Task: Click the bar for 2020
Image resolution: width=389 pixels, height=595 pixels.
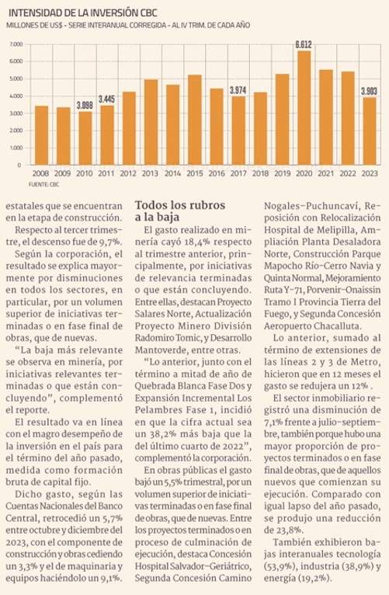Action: (x=304, y=108)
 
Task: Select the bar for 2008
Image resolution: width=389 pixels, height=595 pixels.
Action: (x=41, y=135)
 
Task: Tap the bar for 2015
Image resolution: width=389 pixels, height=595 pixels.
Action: (x=195, y=120)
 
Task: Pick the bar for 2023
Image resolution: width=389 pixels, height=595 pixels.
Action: (x=370, y=131)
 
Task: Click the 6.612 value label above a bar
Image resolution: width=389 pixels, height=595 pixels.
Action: (x=304, y=45)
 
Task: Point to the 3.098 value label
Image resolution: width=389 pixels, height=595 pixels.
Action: (x=85, y=105)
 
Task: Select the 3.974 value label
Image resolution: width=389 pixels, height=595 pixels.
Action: (x=238, y=90)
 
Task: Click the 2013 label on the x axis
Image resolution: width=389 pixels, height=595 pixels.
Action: (x=150, y=173)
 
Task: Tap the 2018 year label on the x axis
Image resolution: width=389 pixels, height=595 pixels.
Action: (x=260, y=173)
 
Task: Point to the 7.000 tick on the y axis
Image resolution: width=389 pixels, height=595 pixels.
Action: (x=16, y=44)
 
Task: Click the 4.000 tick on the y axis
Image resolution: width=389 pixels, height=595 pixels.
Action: (x=16, y=96)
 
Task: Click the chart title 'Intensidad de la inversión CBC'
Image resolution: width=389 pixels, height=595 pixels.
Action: (x=82, y=13)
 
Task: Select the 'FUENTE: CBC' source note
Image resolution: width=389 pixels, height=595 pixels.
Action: (x=43, y=185)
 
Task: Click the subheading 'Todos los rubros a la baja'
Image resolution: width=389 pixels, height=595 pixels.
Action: (x=180, y=211)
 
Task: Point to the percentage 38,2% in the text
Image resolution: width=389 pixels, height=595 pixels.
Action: (x=162, y=433)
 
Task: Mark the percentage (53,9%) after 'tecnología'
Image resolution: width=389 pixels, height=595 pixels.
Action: (x=280, y=566)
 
